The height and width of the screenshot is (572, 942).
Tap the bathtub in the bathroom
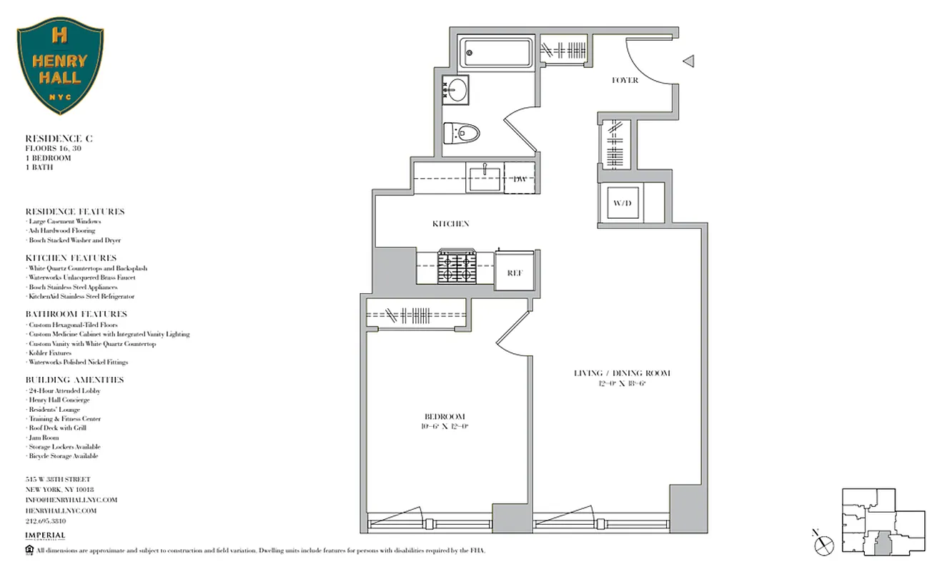point(498,51)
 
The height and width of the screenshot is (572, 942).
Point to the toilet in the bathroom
point(462,133)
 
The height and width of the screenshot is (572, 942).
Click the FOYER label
point(625,80)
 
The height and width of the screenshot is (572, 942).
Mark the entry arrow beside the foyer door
point(688,61)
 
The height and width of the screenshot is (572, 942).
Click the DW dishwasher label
point(520,179)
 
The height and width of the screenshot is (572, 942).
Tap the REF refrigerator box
point(515,272)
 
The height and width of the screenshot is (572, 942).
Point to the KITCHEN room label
point(451,224)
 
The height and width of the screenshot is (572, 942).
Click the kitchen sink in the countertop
point(485,177)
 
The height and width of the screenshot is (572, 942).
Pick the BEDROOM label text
point(445,416)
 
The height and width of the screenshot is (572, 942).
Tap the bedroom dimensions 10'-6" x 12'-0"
point(445,426)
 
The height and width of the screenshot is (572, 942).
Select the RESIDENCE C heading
point(59,138)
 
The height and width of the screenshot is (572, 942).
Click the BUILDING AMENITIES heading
point(74,380)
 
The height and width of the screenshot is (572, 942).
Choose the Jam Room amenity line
point(44,438)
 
